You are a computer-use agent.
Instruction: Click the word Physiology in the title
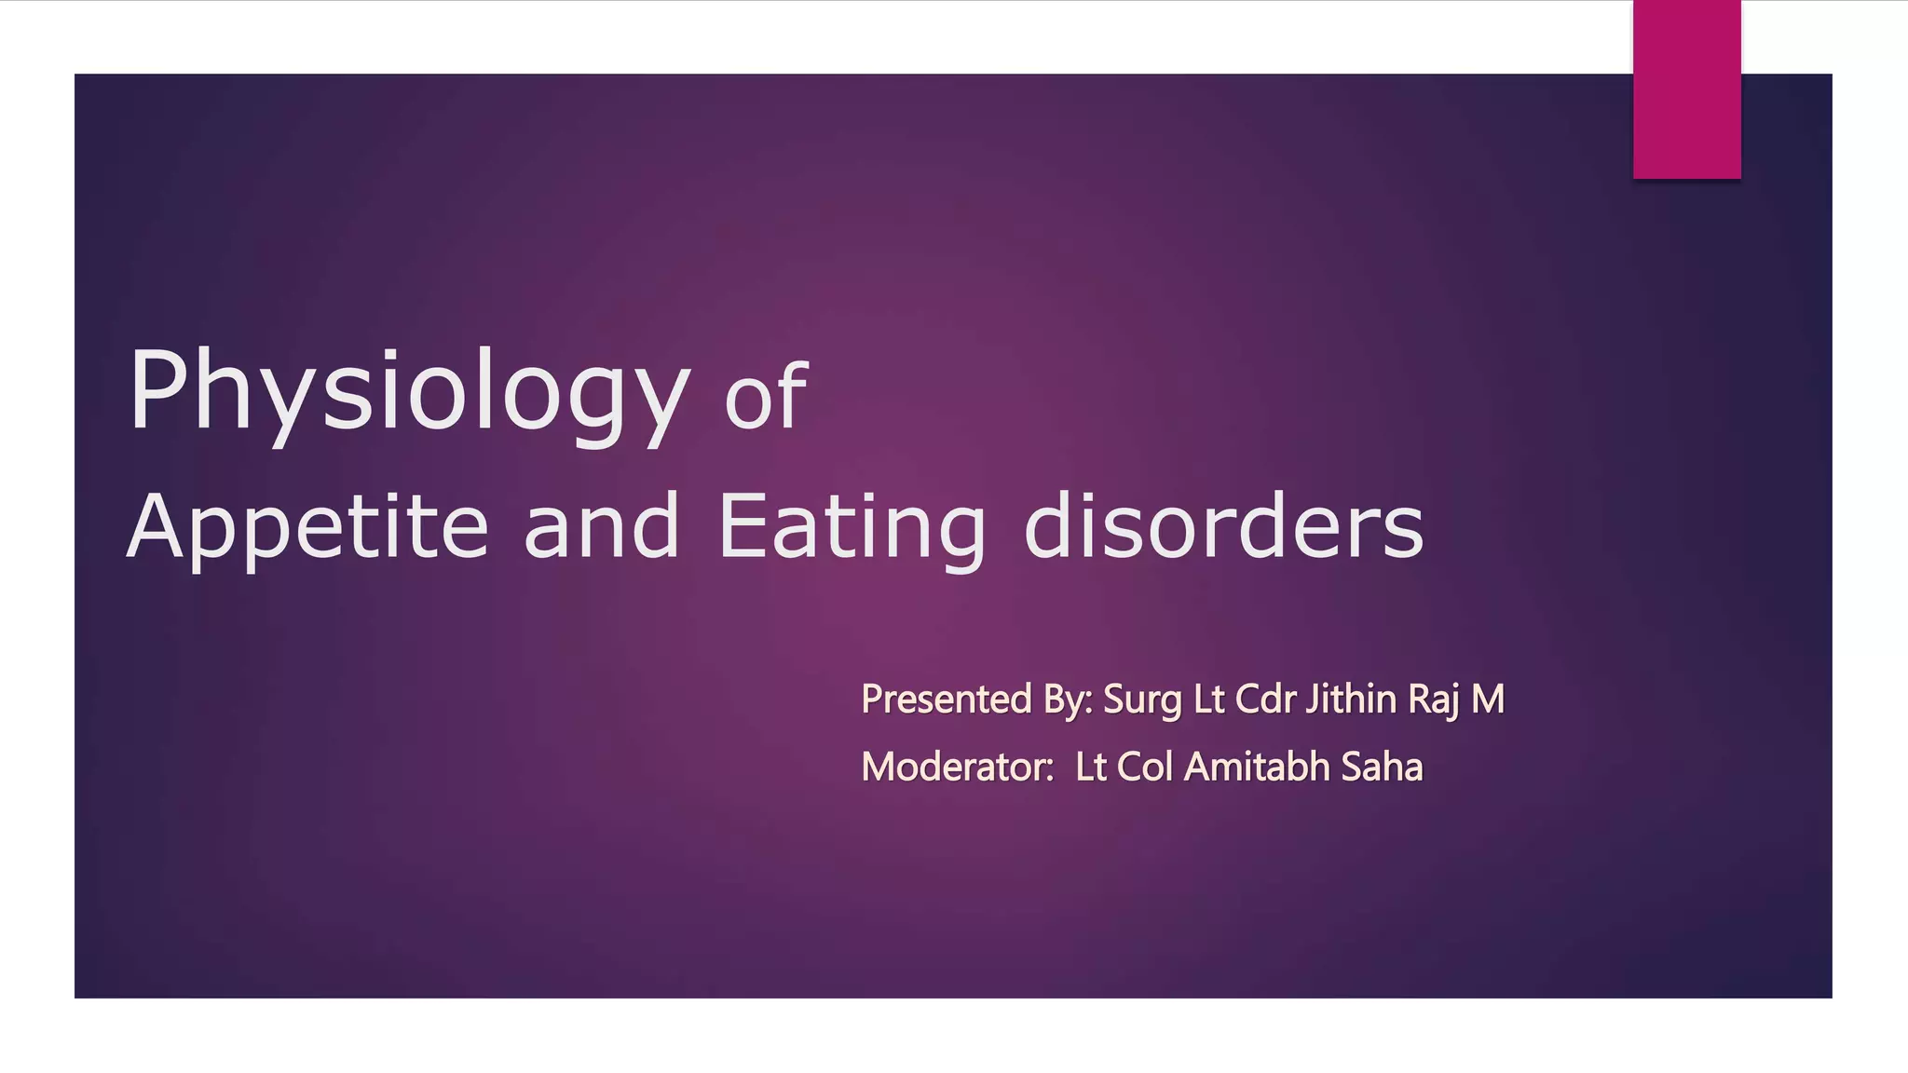[408, 391]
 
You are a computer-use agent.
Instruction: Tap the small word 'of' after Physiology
[766, 399]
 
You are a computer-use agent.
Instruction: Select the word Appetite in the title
[307, 527]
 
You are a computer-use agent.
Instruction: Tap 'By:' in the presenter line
[1068, 700]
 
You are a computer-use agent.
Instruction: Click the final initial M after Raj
[1488, 699]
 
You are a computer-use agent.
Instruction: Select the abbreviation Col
[1144, 767]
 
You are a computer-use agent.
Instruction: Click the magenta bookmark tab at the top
[1686, 88]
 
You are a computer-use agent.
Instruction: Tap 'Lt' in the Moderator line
[1091, 767]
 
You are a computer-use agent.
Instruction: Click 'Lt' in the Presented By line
[1208, 699]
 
